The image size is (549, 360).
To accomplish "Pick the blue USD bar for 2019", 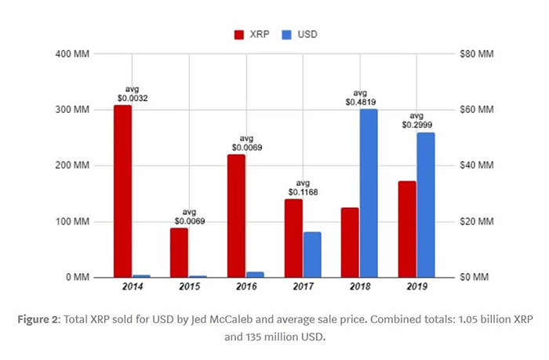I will (426, 205).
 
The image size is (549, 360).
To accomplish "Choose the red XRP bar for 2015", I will (180, 252).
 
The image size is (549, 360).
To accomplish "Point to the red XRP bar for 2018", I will (350, 242).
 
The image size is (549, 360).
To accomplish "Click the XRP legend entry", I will (253, 35).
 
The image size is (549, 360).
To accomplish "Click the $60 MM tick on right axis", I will (476, 110).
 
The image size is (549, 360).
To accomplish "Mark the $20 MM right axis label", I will (476, 222).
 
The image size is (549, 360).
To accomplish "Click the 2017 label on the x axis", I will (303, 288).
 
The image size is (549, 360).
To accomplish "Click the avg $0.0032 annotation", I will (131, 93).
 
